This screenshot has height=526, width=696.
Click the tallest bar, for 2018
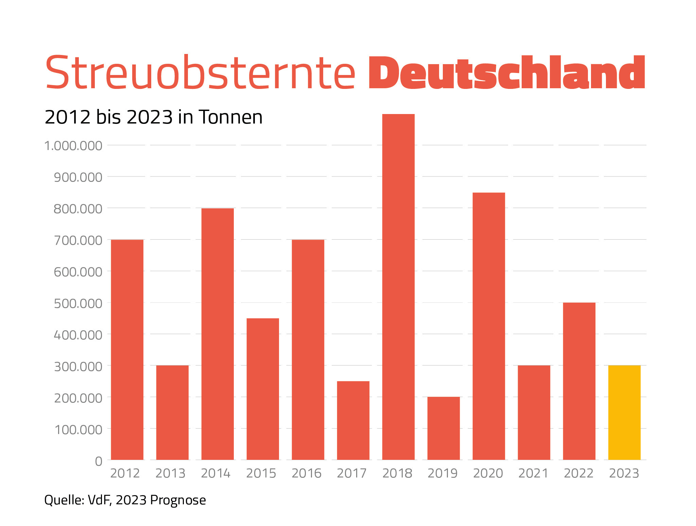[398, 287]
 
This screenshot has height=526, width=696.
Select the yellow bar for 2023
[624, 412]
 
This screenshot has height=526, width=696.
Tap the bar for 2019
[443, 428]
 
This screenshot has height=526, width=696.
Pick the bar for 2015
[263, 389]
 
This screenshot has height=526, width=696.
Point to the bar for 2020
[489, 326]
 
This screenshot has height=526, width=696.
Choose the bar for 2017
[353, 420]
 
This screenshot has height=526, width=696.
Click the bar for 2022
[579, 381]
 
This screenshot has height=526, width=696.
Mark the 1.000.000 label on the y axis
[73, 146]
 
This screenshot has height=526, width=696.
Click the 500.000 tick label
[78, 303]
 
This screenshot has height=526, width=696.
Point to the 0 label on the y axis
[99, 461]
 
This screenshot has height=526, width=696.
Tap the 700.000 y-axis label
[78, 240]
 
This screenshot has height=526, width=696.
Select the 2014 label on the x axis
[216, 473]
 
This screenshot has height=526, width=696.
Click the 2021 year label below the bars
[533, 473]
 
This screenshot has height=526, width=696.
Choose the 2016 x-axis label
[307, 473]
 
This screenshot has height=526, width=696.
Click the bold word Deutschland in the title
[506, 73]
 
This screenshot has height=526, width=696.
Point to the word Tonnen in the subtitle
[231, 117]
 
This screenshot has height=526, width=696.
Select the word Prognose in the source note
[178, 500]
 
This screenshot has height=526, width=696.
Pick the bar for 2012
[127, 350]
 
